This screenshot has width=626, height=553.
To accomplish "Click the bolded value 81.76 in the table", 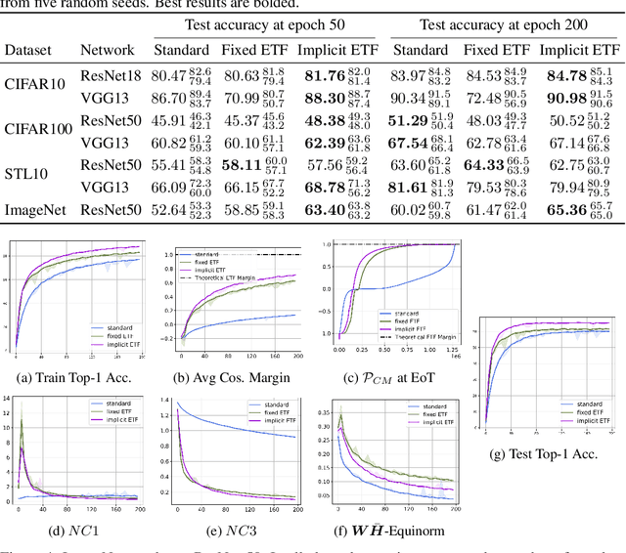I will coord(325,75).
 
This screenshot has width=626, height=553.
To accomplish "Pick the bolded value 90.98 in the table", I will coord(561,97).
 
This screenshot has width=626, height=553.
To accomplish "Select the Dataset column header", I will coord(30,49).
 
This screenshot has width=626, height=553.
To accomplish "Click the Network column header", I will coord(107,49).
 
